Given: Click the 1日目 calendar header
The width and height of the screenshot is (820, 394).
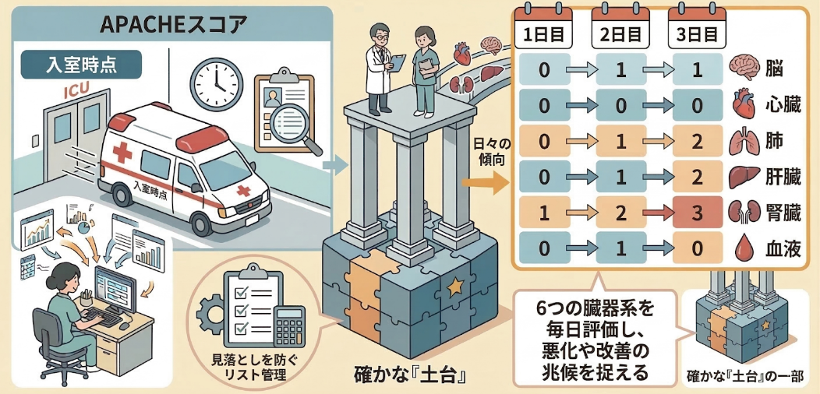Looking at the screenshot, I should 544,36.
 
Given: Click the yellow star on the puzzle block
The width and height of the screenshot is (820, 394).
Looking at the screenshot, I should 454,287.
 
